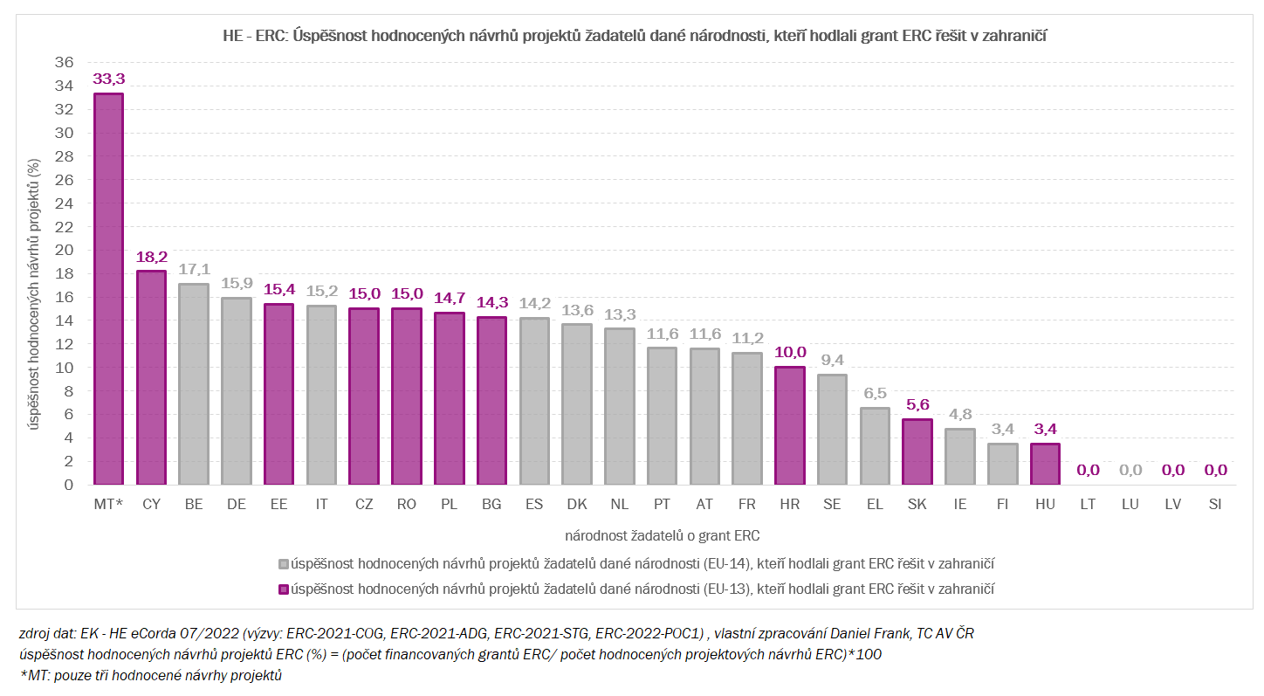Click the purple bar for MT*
tap(108, 289)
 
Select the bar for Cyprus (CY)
tap(151, 377)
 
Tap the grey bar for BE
tap(194, 384)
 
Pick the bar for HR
tap(790, 425)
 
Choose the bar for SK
tap(917, 451)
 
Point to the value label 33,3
tap(108, 79)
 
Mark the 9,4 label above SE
tap(833, 361)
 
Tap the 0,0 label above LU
tap(1130, 471)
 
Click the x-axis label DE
tap(237, 505)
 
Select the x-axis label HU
tap(1045, 505)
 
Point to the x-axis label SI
tap(1215, 505)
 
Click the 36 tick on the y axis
tap(64, 63)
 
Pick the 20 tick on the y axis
tap(64, 251)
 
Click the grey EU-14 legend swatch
tap(283, 563)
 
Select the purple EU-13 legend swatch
tap(283, 589)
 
